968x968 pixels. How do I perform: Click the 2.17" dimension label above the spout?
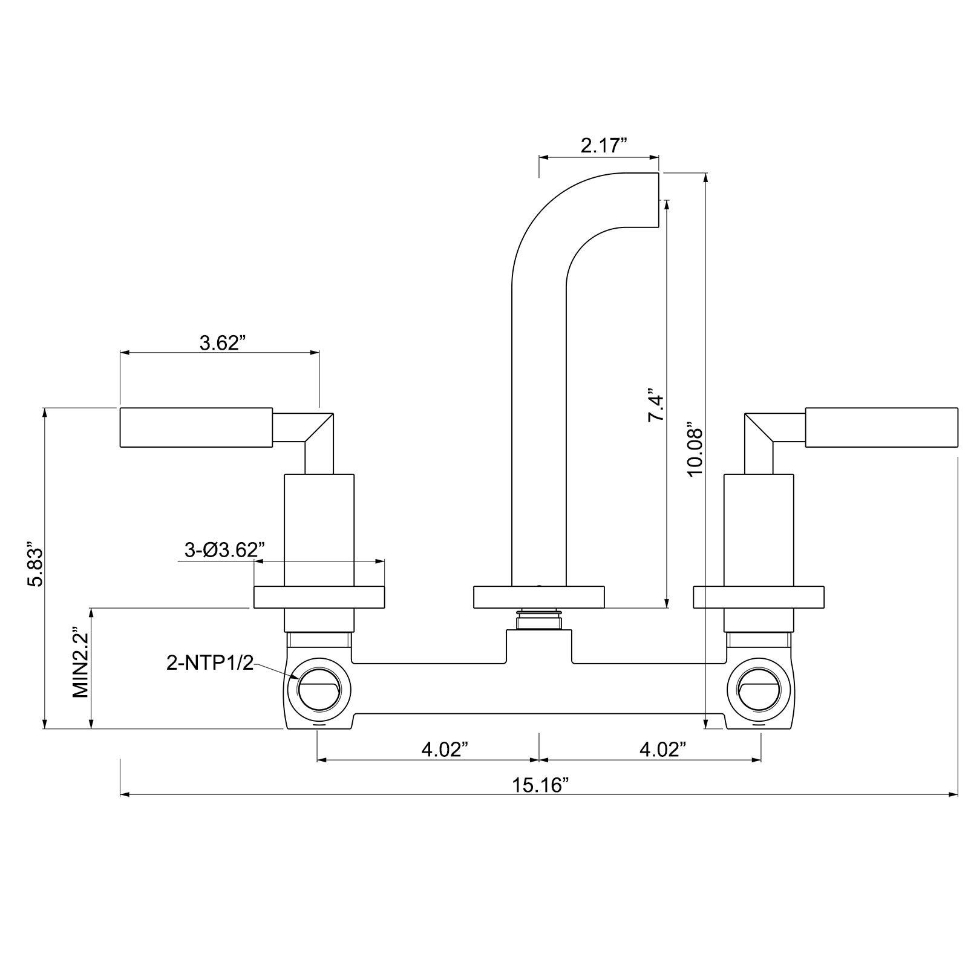tap(603, 146)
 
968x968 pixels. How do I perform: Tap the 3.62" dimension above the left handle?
tap(222, 343)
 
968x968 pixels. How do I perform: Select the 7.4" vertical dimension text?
tap(656, 405)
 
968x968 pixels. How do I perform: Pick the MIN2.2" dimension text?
tap(80, 662)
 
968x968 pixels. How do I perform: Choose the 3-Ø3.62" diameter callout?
tap(224, 550)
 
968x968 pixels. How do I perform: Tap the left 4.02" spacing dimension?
tap(445, 749)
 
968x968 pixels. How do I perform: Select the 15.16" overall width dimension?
tap(541, 785)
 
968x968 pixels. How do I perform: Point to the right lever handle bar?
tap(881, 428)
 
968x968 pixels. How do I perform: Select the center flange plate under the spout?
tap(538, 597)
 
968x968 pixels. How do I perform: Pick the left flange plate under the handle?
tap(319, 597)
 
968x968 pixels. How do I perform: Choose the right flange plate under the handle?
tap(758, 597)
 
